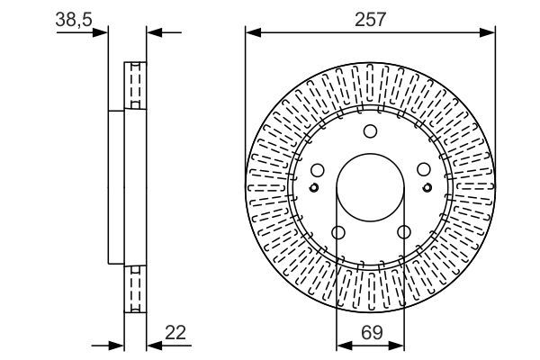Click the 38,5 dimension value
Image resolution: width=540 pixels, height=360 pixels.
(x=74, y=19)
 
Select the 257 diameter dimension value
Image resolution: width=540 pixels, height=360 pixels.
(x=370, y=19)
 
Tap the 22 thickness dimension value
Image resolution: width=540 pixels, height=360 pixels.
(x=175, y=332)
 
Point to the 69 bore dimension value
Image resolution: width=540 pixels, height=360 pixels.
(x=372, y=332)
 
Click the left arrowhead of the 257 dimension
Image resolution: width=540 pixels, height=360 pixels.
(x=253, y=32)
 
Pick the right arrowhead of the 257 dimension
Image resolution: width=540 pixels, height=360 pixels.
(x=488, y=32)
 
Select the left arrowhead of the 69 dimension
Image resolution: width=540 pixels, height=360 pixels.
(x=344, y=346)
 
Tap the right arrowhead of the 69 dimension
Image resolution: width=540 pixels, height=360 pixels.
(x=396, y=346)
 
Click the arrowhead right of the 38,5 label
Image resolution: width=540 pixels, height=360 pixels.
(x=100, y=32)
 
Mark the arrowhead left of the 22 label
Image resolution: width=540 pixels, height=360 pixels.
(x=154, y=346)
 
